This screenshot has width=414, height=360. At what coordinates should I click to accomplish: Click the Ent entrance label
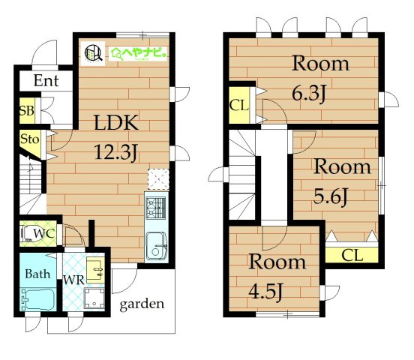coord(46,80)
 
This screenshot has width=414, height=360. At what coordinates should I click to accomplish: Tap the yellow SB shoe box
coord(27,111)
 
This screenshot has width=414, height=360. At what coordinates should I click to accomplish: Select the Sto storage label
coord(29,139)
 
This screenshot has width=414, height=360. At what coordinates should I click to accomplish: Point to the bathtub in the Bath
coord(38,299)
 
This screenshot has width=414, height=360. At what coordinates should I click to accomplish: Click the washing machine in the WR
coord(94,298)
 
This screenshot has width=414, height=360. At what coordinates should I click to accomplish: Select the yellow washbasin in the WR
coord(95,271)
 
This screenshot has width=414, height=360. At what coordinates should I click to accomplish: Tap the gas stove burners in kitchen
coord(156,208)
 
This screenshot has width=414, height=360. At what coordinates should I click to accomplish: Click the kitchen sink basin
coord(156,246)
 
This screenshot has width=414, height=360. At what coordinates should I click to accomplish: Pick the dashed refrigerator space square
coord(158,179)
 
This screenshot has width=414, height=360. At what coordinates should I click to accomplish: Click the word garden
coord(142,304)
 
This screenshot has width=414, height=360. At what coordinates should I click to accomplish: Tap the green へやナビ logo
coord(138,54)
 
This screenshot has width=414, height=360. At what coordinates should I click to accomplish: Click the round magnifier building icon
coord(94,52)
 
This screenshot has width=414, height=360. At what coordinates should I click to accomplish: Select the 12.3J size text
coord(116,153)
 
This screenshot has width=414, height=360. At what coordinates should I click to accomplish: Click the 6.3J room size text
coord(309,94)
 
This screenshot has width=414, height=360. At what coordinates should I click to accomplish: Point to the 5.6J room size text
coord(331,196)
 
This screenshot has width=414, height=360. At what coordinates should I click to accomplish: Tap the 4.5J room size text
coord(266,291)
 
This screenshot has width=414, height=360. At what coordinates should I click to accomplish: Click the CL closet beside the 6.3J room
coord(239,106)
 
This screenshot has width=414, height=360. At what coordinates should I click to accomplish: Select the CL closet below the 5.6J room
coord(352,255)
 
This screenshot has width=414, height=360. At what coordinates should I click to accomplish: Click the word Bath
coord(37,274)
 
